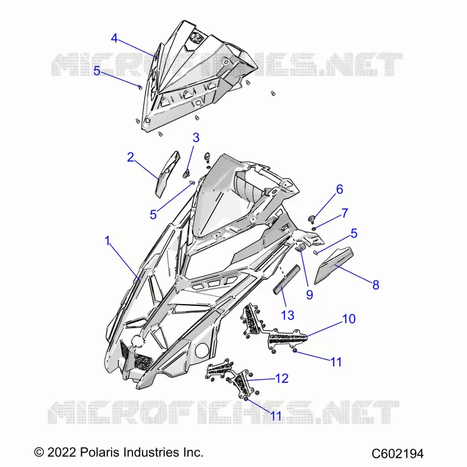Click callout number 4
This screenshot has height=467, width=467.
pos(114,38)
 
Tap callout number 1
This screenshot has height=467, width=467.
pos(107,241)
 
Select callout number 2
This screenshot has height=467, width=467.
pos(130,157)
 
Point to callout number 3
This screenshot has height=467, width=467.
pos(196,138)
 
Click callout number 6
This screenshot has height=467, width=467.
pos(340,189)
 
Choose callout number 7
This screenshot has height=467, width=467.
pos(344,213)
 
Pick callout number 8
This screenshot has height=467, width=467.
pos(376,285)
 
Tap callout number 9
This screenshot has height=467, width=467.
pos(310,295)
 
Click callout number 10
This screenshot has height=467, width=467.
pos(349,319)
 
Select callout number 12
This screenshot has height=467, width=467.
pos(282,378)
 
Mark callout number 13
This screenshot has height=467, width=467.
pos(288,315)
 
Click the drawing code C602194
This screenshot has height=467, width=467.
pos(398,454)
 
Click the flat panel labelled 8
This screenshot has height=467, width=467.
pos(333,264)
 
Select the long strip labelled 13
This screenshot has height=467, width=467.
pos(287,280)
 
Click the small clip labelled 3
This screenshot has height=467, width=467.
pos(186,173)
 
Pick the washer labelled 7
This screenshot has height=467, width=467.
pos(314,228)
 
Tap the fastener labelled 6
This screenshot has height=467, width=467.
pos(311,219)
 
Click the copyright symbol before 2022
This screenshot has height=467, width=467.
pos(39,453)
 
